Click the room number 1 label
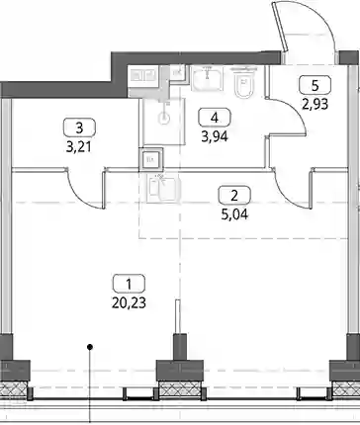point(129,284)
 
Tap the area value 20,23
point(129,303)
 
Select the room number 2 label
point(234,196)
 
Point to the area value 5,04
point(234,214)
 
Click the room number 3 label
point(79,127)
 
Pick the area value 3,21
point(78,147)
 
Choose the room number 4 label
point(215,117)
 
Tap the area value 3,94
point(215,136)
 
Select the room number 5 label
point(315,85)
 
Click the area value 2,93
point(315,105)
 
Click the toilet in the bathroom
point(244,82)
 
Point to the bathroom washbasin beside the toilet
point(207,78)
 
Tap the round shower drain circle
point(164,118)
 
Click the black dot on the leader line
point(89,347)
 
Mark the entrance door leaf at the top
point(280,27)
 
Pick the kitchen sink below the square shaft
point(163,189)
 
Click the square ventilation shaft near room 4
point(151,160)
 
